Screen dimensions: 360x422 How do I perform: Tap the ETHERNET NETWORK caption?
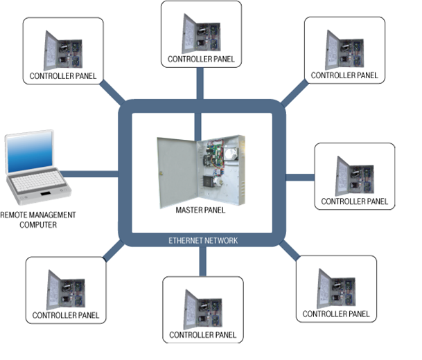[203, 240]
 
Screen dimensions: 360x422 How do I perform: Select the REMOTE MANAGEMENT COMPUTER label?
[39, 219]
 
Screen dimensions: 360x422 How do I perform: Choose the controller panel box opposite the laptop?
[355, 177]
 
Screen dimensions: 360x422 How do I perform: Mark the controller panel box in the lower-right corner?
[337, 289]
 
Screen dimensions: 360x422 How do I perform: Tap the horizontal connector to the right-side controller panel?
[299, 177]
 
